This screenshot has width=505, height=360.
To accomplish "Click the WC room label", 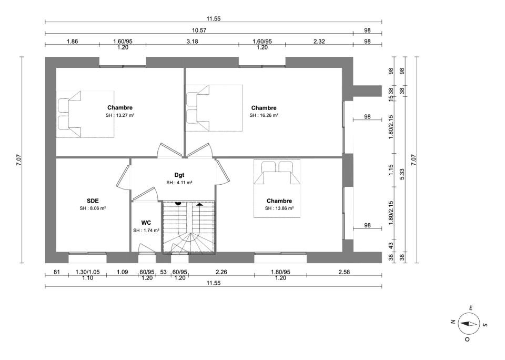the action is click(146, 223).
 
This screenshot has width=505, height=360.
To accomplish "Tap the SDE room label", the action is click(93, 201).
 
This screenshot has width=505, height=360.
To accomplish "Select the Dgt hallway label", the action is click(179, 175).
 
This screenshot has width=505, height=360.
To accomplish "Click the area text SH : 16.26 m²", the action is click(264, 115).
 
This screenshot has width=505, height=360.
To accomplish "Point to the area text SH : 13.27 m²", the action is click(120, 115).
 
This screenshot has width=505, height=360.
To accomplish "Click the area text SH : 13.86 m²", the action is click(279, 208).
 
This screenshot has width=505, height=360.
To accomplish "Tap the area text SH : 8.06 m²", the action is click(93, 208).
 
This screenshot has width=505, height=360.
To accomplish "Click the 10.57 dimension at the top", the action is click(199, 31).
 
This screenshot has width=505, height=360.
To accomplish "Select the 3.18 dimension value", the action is click(193, 41).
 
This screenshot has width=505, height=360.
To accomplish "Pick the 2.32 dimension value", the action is click(319, 41).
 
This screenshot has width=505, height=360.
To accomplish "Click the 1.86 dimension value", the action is click(72, 41).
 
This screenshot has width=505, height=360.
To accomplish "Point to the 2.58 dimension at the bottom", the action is click(344, 272).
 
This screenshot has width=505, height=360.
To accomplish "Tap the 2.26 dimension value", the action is click(221, 272).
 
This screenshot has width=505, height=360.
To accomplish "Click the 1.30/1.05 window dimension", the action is click(88, 272).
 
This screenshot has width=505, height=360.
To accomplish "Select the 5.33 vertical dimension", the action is click(401, 174).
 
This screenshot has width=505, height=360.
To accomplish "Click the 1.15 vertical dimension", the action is click(391, 170).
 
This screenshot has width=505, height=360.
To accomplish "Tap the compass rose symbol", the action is click(468, 324).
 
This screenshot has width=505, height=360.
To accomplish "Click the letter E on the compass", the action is click(470, 308).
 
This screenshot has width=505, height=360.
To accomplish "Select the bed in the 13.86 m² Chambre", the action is click(277, 188).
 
